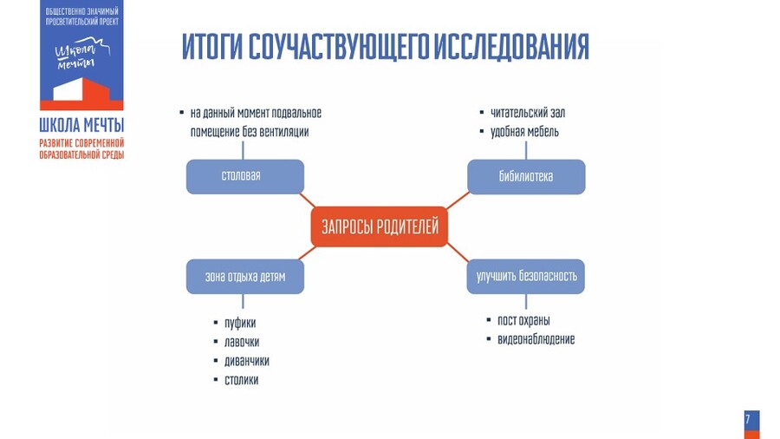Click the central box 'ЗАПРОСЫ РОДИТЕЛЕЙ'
(x=380, y=227)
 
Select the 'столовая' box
(x=245, y=176)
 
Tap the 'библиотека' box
(x=526, y=176)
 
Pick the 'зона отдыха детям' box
(x=245, y=277)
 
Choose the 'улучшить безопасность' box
(x=526, y=277)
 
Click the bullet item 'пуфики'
(x=240, y=323)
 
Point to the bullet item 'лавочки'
(x=242, y=342)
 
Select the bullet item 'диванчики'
(x=247, y=361)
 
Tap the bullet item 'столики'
(x=242, y=380)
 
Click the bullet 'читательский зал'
(x=528, y=113)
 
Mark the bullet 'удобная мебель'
(x=524, y=132)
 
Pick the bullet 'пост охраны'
(x=523, y=320)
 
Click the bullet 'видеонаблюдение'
(x=536, y=339)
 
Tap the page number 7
(x=748, y=420)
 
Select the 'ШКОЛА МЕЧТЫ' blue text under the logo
(x=81, y=125)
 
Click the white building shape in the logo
(x=81, y=90)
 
